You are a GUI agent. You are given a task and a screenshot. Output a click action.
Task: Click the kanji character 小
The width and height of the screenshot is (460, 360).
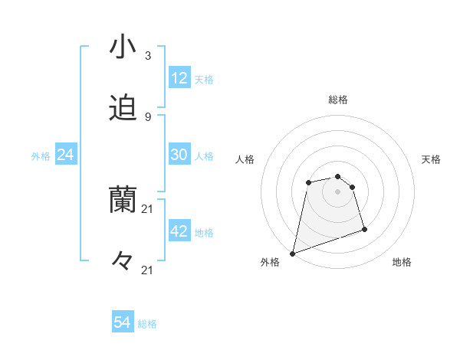click(123, 47)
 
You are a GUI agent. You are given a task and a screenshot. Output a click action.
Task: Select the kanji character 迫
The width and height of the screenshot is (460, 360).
click(123, 109)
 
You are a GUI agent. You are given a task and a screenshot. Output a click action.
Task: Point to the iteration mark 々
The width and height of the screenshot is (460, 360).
click(123, 261)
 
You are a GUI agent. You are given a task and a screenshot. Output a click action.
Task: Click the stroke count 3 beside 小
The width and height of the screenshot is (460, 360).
click(147, 56)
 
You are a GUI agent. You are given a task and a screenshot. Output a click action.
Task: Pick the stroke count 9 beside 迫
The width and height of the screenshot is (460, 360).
click(147, 116)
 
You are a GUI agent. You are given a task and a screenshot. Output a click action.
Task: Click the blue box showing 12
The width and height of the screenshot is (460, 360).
click(179, 78)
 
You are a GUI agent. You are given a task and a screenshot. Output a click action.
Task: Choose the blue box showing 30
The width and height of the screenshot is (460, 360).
click(179, 155)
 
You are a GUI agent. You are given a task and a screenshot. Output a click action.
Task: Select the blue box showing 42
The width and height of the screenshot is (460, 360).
click(179, 231)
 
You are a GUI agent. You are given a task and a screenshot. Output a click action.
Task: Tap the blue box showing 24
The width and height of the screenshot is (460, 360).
click(66, 155)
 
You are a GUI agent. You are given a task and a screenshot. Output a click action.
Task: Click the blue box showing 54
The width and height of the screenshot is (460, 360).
click(123, 323)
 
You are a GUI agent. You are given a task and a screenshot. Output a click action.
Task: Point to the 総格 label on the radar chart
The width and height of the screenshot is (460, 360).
click(338, 100)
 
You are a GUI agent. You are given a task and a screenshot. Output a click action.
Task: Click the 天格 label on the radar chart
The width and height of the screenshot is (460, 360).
click(431, 159)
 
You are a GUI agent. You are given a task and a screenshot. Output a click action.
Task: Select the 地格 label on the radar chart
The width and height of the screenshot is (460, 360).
click(402, 262)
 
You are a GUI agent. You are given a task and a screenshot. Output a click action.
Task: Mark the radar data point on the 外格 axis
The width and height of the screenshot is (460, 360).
click(292, 253)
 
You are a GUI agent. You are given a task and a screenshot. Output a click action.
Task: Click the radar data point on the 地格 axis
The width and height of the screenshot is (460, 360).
click(364, 229)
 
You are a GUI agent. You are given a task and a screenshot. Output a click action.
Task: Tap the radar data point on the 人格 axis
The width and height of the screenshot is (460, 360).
click(308, 182)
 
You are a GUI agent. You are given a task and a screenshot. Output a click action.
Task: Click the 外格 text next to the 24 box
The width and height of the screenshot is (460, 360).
click(41, 156)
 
